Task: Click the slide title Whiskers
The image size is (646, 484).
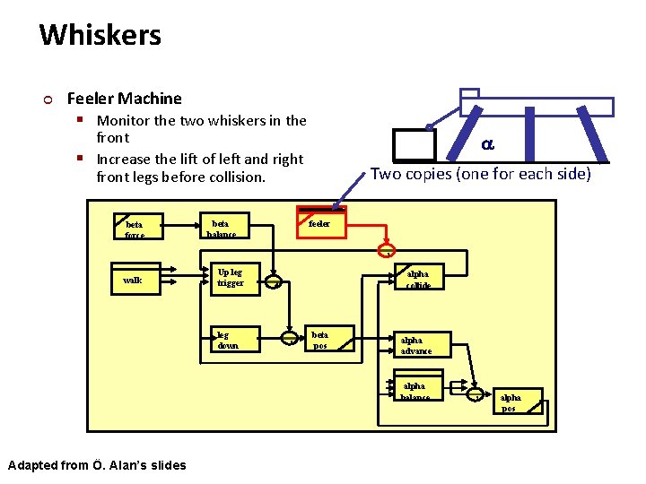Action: [100, 36]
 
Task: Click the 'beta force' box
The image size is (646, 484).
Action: [136, 228]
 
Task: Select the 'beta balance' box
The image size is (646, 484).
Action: [222, 228]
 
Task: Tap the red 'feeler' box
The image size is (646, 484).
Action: [320, 223]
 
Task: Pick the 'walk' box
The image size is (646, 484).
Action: [135, 281]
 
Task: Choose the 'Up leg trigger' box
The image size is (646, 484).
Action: [232, 278]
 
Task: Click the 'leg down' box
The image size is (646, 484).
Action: [234, 340]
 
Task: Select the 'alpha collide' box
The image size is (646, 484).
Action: [418, 278]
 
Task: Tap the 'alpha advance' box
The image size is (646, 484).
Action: [418, 344]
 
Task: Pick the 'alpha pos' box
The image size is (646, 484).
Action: [519, 401]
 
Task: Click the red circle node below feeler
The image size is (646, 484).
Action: [388, 248]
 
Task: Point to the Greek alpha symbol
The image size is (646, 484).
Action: [486, 143]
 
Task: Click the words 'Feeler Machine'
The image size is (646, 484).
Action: [124, 99]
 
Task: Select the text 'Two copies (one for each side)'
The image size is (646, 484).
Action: [481, 174]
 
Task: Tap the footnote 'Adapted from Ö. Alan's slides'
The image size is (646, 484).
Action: [97, 464]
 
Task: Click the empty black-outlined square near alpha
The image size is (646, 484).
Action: [414, 145]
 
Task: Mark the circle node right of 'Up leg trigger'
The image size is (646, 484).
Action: [277, 281]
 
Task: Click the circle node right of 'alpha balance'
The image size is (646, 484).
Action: [475, 393]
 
